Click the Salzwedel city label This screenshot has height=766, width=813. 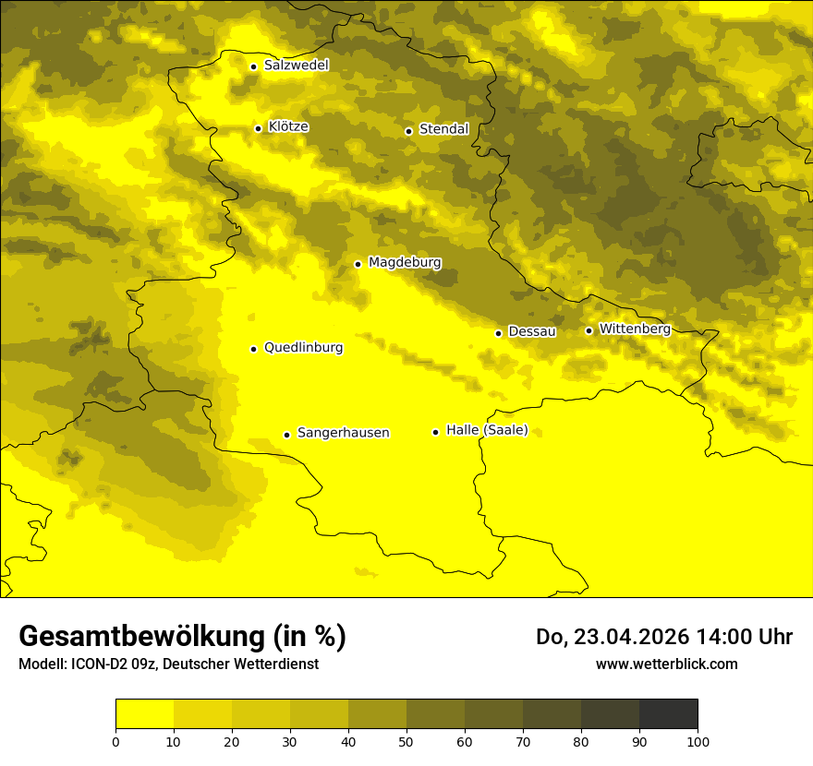[x=296, y=66]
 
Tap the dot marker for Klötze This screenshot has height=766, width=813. [x=258, y=128]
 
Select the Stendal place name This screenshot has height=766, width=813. [x=443, y=129]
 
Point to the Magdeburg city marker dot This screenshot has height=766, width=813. [x=358, y=264]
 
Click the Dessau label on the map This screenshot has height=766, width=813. [x=531, y=331]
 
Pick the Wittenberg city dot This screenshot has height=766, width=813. [x=589, y=330]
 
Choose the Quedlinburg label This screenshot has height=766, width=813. [x=303, y=348]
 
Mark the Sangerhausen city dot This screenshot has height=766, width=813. [x=286, y=435]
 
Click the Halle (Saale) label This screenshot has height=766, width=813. [x=487, y=430]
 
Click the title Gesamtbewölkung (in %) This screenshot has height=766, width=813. [x=182, y=636]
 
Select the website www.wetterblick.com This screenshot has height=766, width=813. [x=666, y=664]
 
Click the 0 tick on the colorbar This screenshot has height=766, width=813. [x=115, y=740]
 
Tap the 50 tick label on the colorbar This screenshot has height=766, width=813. [x=406, y=740]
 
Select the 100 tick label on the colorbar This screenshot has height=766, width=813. [x=698, y=740]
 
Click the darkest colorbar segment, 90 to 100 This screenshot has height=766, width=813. [x=668, y=713]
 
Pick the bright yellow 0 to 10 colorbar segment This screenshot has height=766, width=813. [x=145, y=713]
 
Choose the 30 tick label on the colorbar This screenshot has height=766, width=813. [x=290, y=740]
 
